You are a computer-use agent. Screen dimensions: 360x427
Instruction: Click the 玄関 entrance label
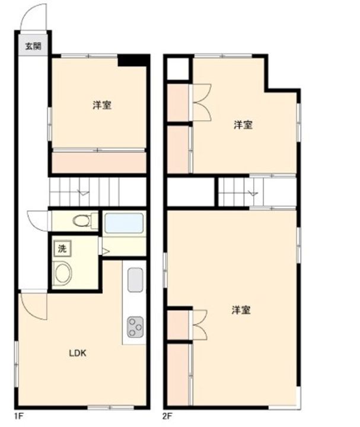pyautogui.click(x=33, y=46)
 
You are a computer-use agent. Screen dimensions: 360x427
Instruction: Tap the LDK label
pyautogui.click(x=78, y=353)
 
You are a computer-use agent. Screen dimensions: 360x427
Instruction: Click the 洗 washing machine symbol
pyautogui.click(x=62, y=248)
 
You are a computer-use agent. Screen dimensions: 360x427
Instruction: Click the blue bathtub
pyautogui.click(x=124, y=224)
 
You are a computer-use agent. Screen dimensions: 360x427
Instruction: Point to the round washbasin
pyautogui.click(x=62, y=273)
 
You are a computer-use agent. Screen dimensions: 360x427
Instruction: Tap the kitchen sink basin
pyautogui.click(x=135, y=280)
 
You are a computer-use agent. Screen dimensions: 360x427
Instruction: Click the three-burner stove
pyautogui.click(x=135, y=327)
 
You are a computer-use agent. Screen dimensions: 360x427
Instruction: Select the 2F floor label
pyautogui.click(x=167, y=417)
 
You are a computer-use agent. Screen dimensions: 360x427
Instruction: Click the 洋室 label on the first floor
pyautogui.click(x=102, y=105)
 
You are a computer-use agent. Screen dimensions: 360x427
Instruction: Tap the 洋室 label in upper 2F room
pyautogui.click(x=243, y=125)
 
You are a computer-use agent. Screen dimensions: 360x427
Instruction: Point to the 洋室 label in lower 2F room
pyautogui.click(x=241, y=310)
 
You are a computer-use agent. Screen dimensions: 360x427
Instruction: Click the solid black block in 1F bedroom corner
pyautogui.click(x=133, y=60)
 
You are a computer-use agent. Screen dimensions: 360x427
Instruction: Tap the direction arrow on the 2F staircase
pyautogui.click(x=253, y=193)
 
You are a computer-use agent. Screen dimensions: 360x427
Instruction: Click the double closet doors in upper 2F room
pyautogui.click(x=202, y=103)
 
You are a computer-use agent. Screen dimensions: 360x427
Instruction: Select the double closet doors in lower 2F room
pyautogui.click(x=200, y=325)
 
